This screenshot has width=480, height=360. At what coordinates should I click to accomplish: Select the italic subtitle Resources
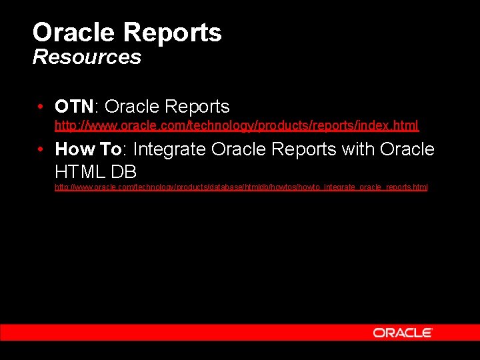[x=87, y=57]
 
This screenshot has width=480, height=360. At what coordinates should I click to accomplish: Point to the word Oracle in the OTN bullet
[x=132, y=107]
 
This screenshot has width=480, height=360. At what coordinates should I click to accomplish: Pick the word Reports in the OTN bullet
[x=197, y=107]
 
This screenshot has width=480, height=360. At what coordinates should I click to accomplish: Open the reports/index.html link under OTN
[x=237, y=125]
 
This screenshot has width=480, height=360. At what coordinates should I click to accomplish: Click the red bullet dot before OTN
[x=42, y=107]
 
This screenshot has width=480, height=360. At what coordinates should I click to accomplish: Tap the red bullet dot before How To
[x=42, y=149]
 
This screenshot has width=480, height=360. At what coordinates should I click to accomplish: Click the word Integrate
[x=170, y=149]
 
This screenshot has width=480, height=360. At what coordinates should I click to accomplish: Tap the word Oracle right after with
[x=407, y=149]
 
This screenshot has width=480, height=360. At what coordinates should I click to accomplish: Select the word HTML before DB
[x=81, y=171]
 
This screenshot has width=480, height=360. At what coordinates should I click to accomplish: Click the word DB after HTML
[x=125, y=171]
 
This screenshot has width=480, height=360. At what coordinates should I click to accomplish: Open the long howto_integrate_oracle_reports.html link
[x=241, y=187]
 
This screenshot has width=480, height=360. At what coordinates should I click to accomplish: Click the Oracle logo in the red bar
[x=403, y=333]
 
